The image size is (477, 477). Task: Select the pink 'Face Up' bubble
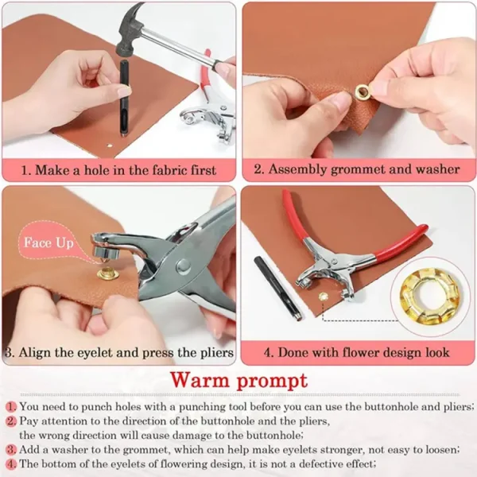coord(48,242)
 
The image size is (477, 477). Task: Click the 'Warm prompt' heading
coord(238,379)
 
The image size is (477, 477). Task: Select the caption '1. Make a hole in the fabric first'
coord(118,169)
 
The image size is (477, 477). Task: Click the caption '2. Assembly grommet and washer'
coord(356,169)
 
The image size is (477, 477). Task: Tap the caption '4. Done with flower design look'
coord(356,351)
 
